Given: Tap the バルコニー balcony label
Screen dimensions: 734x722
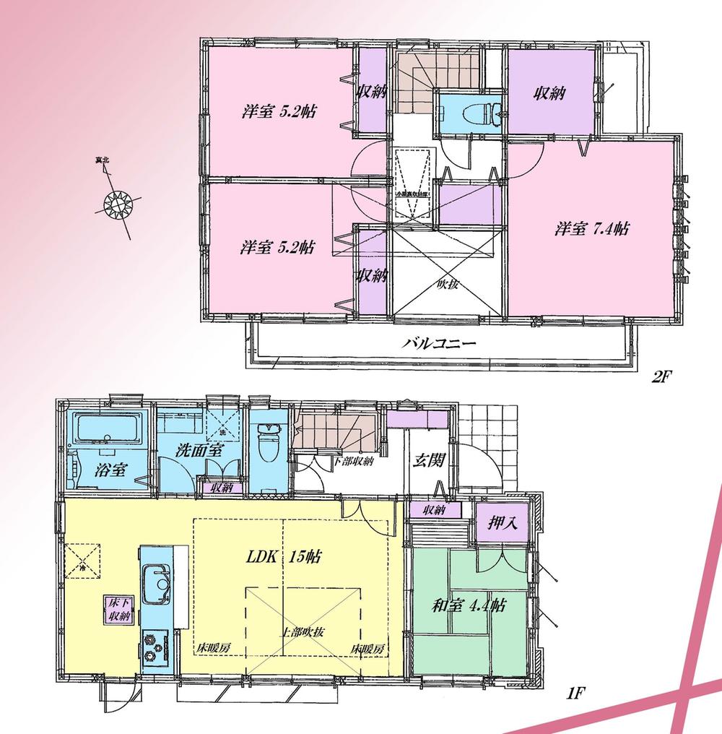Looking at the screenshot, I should [438, 344].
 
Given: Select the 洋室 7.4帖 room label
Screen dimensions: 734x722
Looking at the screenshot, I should [591, 229].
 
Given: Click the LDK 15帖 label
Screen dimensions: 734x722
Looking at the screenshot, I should [283, 557].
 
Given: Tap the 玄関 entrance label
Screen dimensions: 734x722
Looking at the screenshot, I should [427, 459].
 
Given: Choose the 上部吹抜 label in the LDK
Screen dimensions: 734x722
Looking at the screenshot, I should [303, 631].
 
